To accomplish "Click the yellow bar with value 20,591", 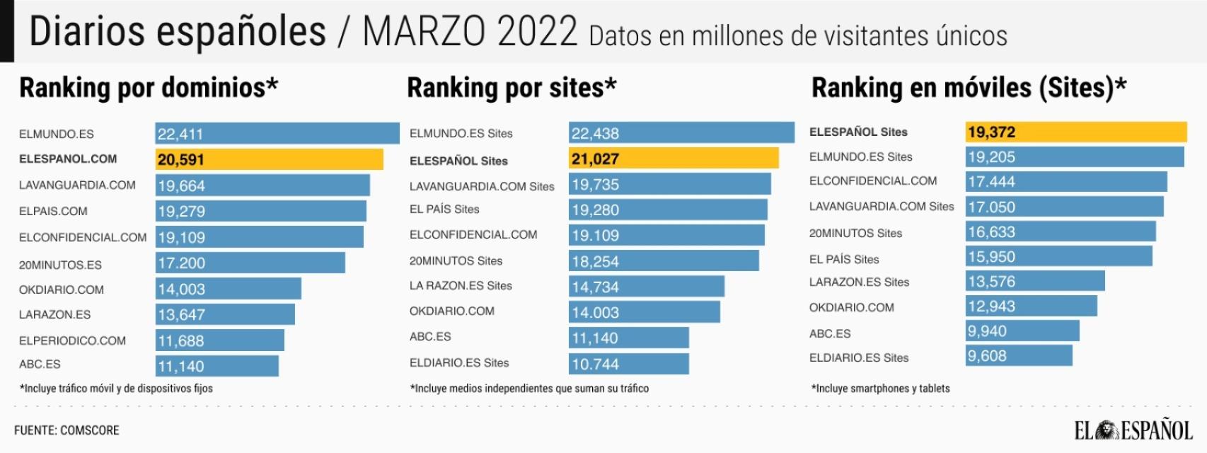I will click(x=269, y=159).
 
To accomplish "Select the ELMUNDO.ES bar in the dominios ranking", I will click(x=277, y=134).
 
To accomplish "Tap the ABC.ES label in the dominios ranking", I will click(x=40, y=365).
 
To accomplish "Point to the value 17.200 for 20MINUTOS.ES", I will click(x=181, y=263).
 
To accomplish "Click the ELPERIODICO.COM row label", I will click(x=72, y=340).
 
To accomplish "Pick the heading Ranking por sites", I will click(x=512, y=88).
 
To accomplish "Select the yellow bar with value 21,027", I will click(x=673, y=159).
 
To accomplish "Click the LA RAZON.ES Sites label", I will click(x=461, y=286).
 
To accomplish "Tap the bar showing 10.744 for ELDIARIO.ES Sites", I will click(x=628, y=364).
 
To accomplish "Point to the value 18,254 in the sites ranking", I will click(x=595, y=262).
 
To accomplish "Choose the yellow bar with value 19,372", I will click(x=1075, y=132).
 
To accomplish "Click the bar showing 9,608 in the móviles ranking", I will click(x=1019, y=356).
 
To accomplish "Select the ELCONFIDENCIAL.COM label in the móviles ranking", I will click(x=873, y=181).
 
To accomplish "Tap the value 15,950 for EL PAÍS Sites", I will click(x=991, y=257).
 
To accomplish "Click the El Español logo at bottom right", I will click(x=1133, y=430).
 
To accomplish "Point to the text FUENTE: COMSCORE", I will click(x=67, y=430).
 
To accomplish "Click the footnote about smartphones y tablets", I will click(x=880, y=389).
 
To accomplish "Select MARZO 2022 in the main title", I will click(x=470, y=32).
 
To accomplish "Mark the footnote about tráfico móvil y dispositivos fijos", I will click(x=116, y=389).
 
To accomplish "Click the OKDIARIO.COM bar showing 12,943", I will click(x=1032, y=306).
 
